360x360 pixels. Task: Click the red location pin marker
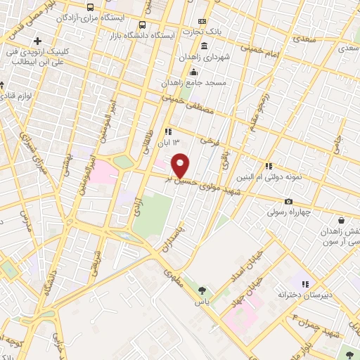pyautogui.click(x=181, y=165)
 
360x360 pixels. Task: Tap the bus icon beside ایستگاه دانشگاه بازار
pyautogui.click(x=143, y=25)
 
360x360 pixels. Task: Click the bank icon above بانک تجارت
pyautogui.click(x=202, y=22)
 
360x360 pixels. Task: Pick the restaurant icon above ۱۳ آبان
pyautogui.click(x=167, y=131)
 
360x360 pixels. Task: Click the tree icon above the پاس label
pyautogui.click(x=202, y=289)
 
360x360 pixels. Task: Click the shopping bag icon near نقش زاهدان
pyautogui.click(x=340, y=220)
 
